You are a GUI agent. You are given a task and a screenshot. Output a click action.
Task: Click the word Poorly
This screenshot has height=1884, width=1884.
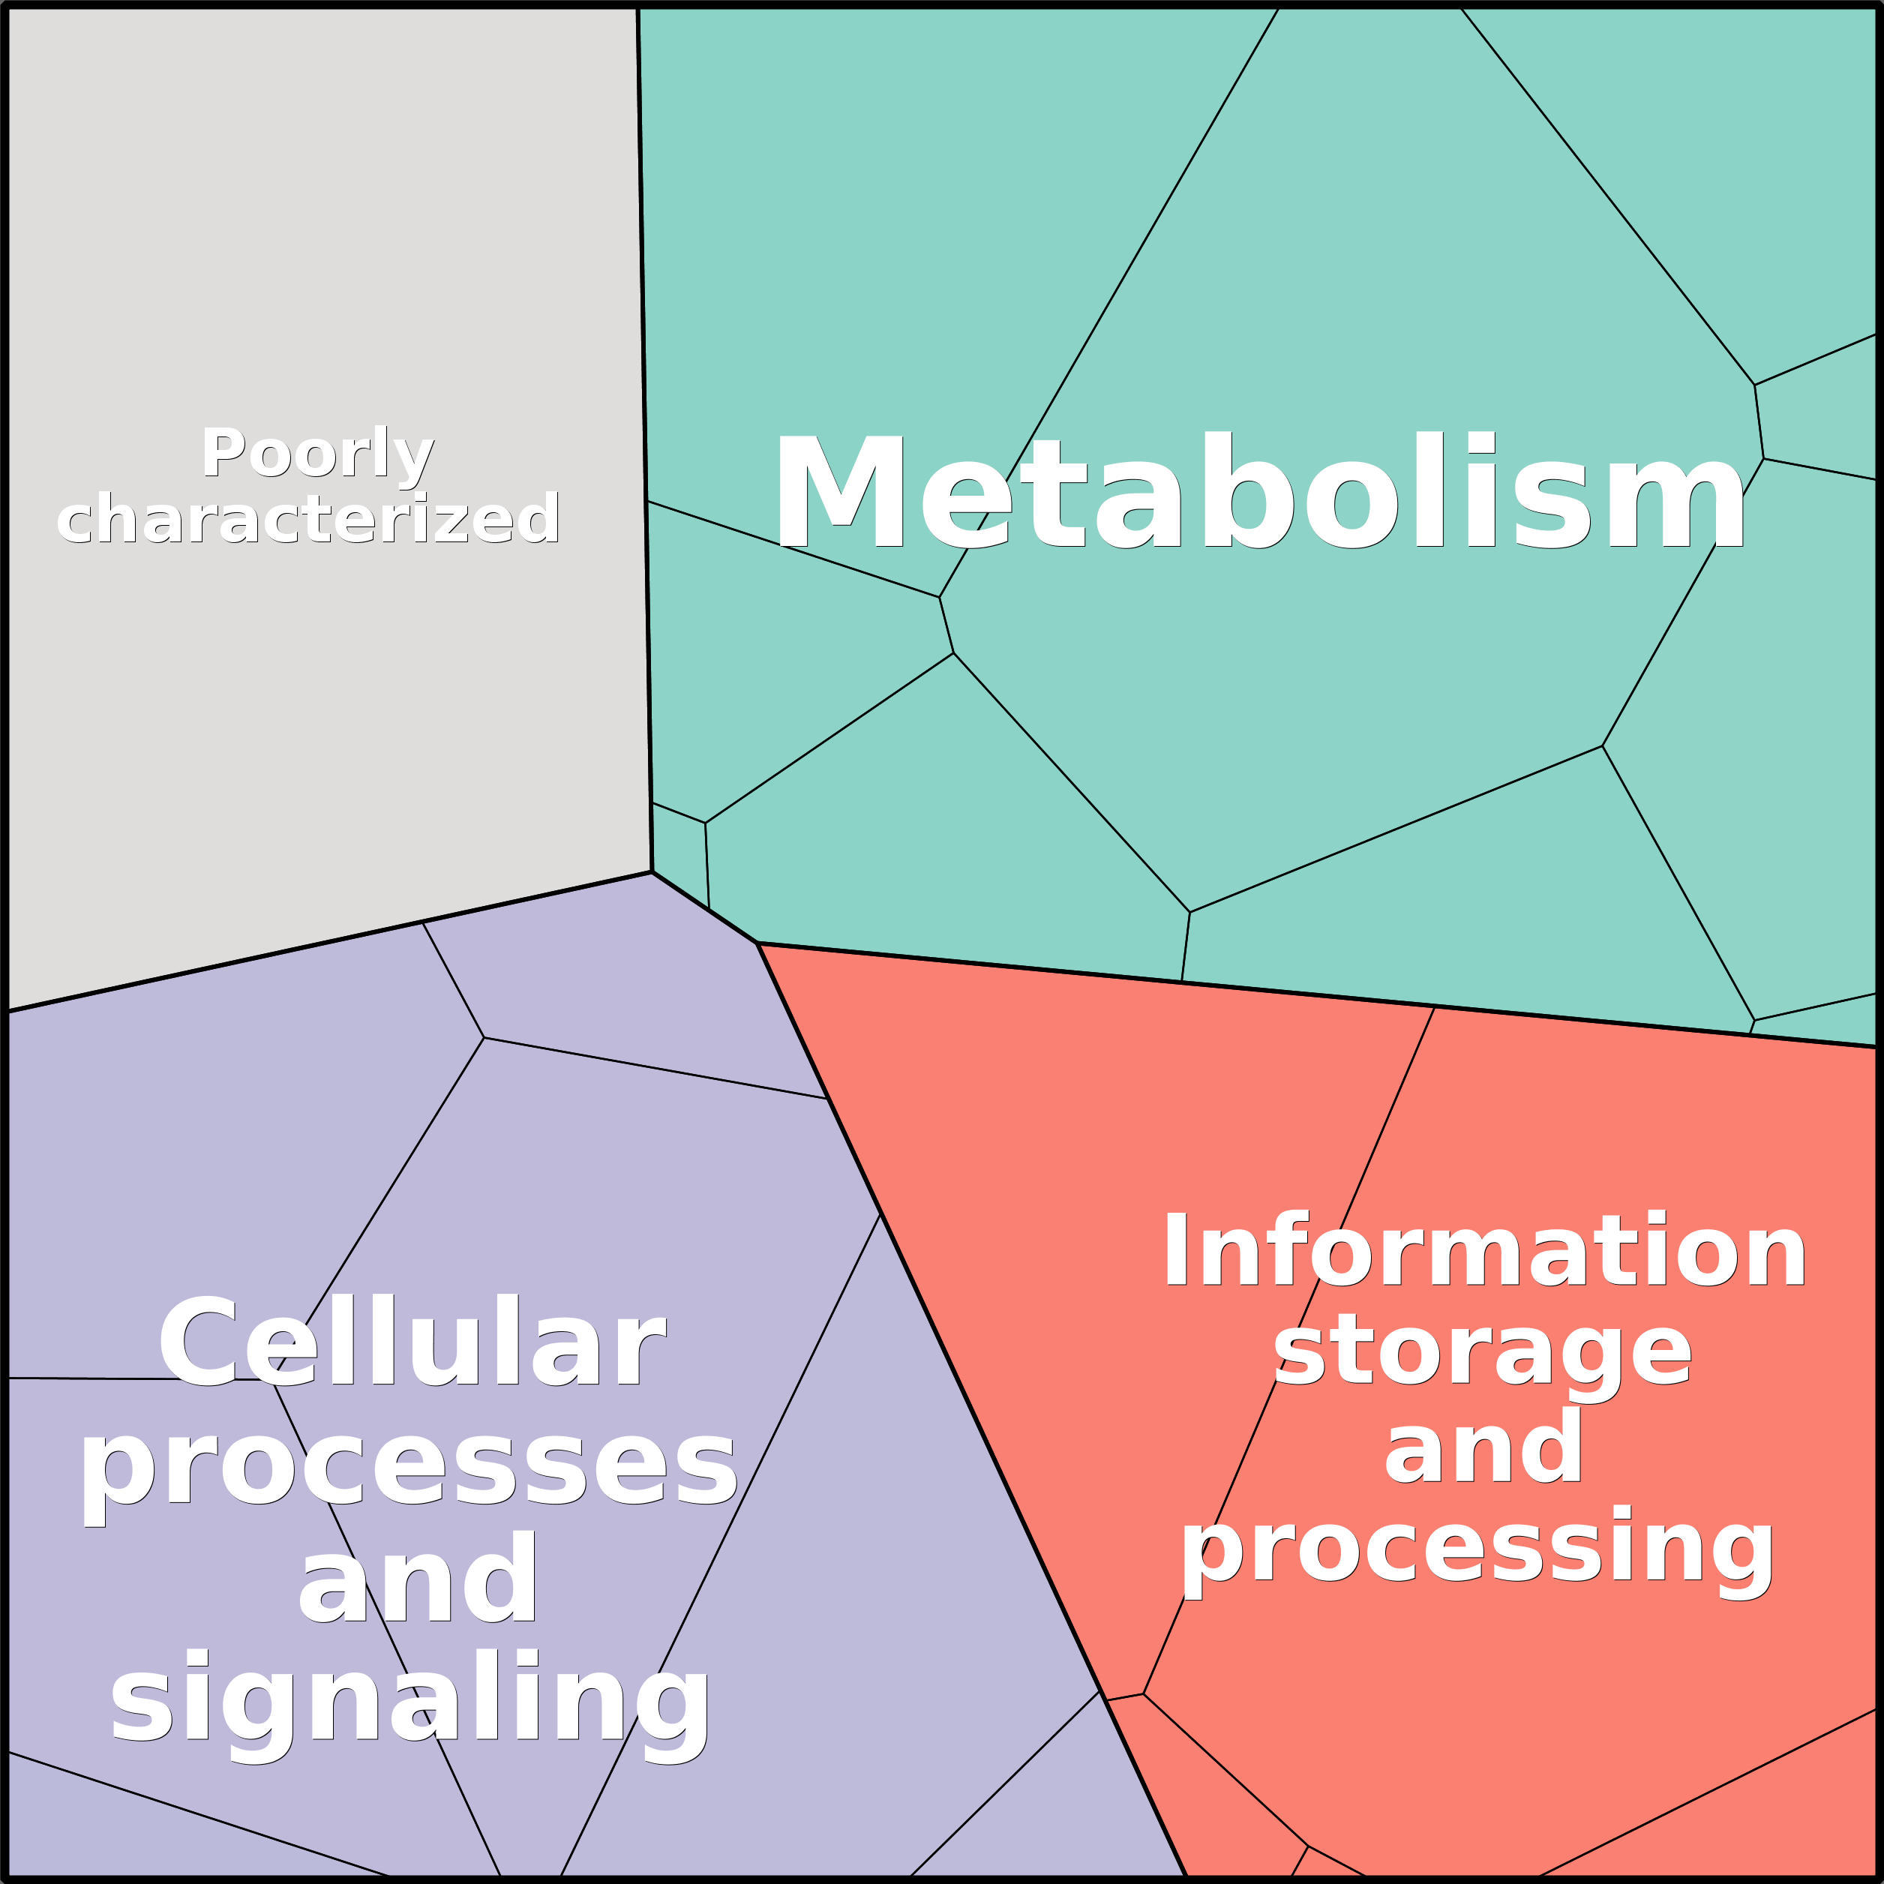(318, 454)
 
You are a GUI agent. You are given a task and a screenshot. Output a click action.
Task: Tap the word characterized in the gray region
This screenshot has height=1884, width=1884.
(308, 517)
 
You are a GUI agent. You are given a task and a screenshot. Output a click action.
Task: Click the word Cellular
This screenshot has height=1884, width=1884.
(412, 1342)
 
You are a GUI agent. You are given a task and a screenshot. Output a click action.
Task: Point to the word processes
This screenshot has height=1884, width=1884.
(409, 1469)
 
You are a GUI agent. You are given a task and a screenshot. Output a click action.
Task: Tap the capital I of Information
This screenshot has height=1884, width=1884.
(1175, 1250)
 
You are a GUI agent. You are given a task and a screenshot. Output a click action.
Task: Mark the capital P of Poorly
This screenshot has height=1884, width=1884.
(223, 454)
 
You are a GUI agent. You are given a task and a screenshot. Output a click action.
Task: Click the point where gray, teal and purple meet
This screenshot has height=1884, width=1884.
(652, 871)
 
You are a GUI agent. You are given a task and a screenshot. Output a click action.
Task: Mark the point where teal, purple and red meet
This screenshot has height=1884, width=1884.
(757, 943)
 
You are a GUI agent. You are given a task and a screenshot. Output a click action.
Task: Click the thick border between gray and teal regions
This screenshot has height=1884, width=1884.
(644, 439)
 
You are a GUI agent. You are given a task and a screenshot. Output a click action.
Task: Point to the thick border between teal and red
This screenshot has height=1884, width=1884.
(1316, 994)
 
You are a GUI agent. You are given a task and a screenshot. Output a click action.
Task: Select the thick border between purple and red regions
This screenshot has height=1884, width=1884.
(971, 1409)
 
